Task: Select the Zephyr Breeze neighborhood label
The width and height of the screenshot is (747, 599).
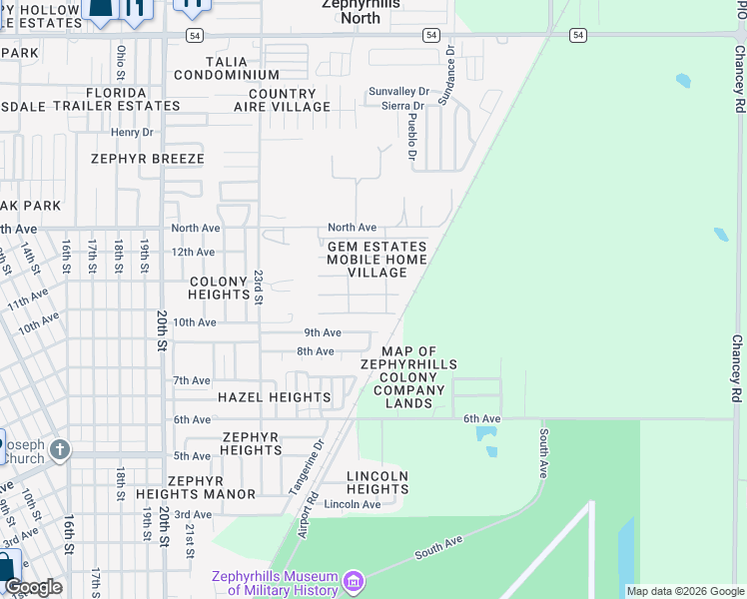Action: pos(147,159)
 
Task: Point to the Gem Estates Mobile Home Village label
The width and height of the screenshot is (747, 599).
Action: pos(377,260)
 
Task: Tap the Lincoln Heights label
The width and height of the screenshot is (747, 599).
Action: pos(377,482)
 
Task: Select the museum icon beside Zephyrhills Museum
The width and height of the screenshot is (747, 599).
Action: pos(352,581)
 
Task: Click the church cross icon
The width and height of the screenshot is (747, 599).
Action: pos(59,450)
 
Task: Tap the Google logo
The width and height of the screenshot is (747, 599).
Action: pos(33,587)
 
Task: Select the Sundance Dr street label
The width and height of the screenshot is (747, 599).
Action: pos(450,63)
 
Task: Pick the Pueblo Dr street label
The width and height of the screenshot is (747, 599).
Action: pos(411,136)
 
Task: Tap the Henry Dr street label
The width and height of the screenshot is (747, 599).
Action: pos(132,132)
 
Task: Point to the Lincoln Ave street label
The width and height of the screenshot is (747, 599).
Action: pos(353,504)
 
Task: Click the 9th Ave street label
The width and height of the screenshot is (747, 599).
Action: pos(323,332)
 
